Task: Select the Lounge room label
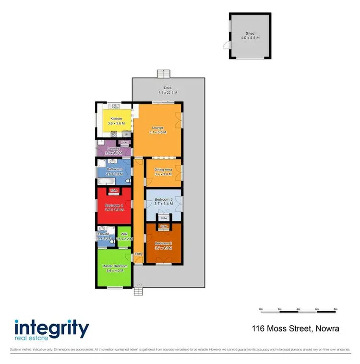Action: [158, 128]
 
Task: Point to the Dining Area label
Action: [163, 170]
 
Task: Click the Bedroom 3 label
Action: [163, 199]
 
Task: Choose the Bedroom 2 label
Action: [163, 245]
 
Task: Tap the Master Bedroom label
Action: [115, 266]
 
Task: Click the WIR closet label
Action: [124, 235]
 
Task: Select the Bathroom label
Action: [114, 169]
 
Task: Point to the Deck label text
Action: [168, 88]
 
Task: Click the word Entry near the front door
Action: [139, 254]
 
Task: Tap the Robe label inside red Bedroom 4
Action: [114, 191]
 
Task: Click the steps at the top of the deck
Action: [164, 73]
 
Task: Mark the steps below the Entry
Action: [138, 291]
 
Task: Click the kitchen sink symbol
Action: [115, 106]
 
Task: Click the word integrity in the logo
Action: [52, 329]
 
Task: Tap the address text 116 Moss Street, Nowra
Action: [295, 329]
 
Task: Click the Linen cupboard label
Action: [125, 143]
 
